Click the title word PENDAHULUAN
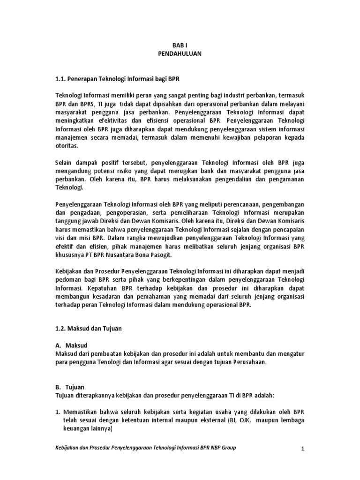click(180, 54)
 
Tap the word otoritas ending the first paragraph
click(67, 146)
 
